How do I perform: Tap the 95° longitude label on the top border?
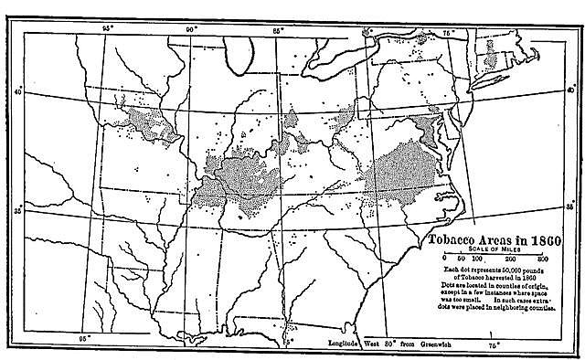coord(107,29)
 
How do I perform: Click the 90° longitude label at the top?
coord(191,29)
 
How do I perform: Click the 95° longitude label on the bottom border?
coord(85,338)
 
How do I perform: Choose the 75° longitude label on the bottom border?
coord(493,345)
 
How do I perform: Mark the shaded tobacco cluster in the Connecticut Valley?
coord(494,59)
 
